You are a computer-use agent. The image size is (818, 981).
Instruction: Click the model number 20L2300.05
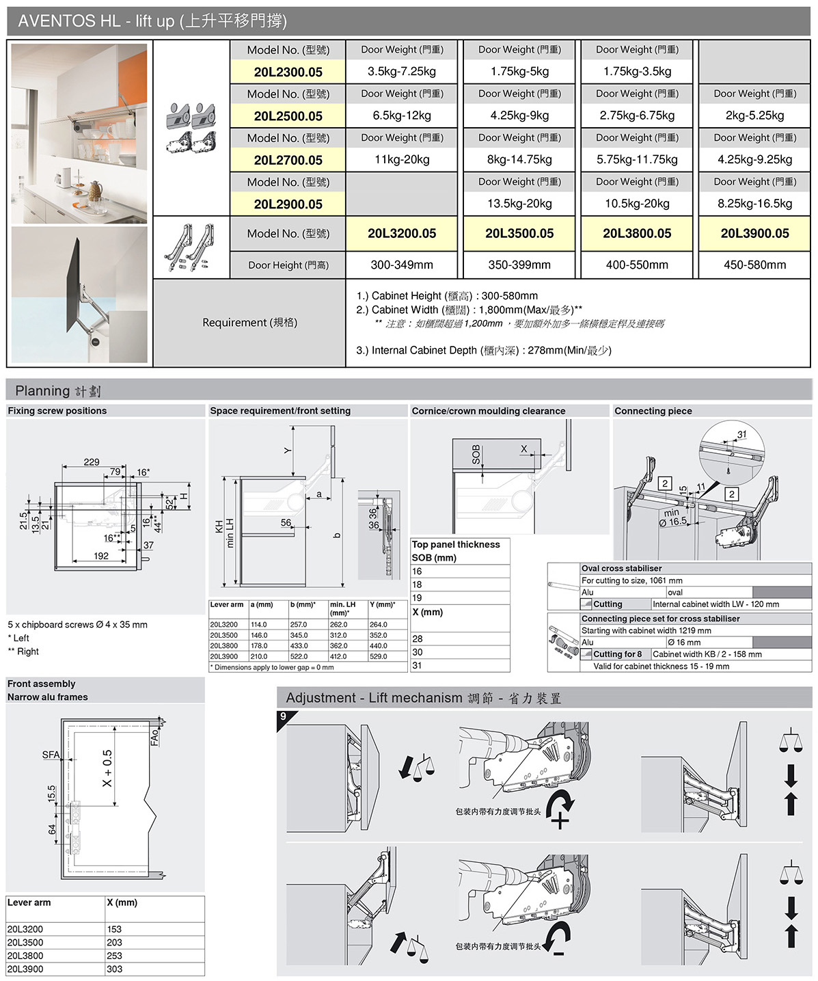click(288, 72)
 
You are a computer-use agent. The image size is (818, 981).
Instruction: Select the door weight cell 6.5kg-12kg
click(402, 116)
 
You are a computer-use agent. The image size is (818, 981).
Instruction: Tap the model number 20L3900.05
click(754, 233)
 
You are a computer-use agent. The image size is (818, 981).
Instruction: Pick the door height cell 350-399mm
click(519, 265)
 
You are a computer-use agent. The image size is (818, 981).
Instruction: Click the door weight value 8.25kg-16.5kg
click(754, 204)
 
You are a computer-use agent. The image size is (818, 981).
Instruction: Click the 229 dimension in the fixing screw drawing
click(92, 462)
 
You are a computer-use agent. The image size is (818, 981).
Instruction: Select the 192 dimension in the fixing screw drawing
click(101, 556)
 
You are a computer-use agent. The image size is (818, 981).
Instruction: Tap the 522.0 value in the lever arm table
click(299, 656)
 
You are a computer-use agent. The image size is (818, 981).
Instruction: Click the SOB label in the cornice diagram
click(476, 455)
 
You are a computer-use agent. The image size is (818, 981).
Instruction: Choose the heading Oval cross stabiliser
click(621, 568)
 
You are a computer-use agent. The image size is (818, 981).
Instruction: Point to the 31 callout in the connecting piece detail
click(741, 435)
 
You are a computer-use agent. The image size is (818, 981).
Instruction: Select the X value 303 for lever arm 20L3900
click(114, 969)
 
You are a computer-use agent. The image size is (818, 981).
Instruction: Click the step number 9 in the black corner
click(284, 716)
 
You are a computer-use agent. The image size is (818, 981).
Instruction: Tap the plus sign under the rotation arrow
click(560, 820)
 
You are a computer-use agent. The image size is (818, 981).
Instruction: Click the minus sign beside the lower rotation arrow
click(559, 952)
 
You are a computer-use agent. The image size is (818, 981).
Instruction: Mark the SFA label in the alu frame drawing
click(51, 755)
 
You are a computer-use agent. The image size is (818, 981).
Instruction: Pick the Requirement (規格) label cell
click(249, 323)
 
